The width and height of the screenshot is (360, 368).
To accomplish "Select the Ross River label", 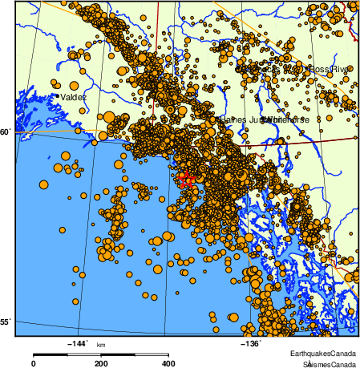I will [330, 69].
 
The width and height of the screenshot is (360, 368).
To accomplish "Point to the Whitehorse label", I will [285, 119].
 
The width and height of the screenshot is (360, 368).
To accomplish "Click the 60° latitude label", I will [6, 131].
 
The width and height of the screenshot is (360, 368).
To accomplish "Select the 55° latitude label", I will [6, 321].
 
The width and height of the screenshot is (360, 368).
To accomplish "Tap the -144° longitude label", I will [79, 343].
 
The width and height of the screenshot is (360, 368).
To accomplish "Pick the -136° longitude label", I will [249, 343].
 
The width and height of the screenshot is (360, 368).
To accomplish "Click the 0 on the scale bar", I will [34, 363].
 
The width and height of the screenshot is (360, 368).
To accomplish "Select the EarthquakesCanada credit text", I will [323, 353].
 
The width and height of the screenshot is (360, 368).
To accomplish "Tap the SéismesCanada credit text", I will [325, 363].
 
